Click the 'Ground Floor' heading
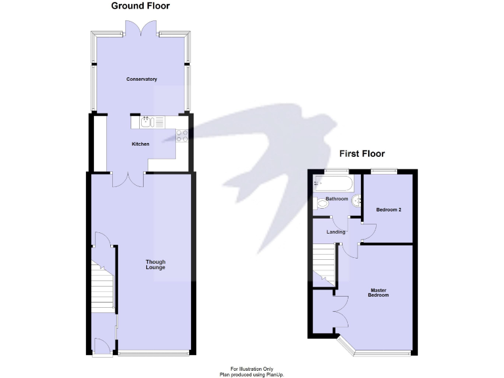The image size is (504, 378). (140, 6)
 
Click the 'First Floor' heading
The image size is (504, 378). (362, 154)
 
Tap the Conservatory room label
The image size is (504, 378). (142, 79)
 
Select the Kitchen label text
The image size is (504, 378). (140, 144)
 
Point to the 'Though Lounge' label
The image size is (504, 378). (156, 264)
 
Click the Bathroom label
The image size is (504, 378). (337, 198)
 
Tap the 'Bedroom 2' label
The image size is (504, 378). (388, 209)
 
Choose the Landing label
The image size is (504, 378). (336, 232)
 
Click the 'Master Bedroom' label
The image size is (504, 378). (379, 293)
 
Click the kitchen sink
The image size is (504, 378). (147, 121)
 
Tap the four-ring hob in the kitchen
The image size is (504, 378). (182, 135)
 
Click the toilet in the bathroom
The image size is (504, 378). (322, 204)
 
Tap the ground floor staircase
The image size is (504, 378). (102, 289)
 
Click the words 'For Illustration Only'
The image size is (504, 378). (251, 369)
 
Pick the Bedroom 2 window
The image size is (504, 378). (384, 172)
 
